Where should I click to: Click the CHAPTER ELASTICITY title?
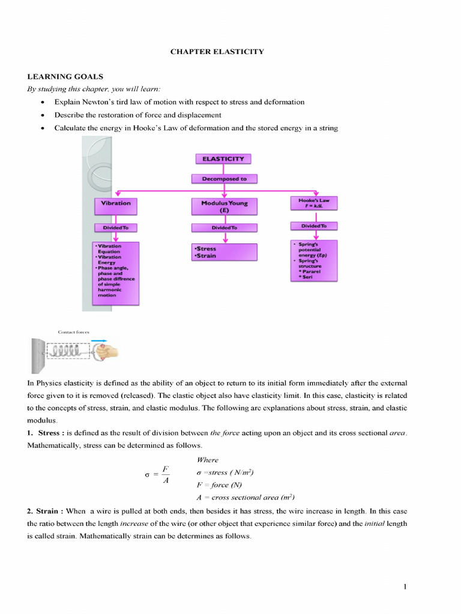(x=217, y=52)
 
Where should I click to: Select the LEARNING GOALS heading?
(x=65, y=77)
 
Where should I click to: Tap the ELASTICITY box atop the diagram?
(x=223, y=159)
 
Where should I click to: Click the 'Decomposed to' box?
(x=224, y=179)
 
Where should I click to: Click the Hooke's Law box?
(x=314, y=203)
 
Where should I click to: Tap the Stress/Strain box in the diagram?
(x=224, y=252)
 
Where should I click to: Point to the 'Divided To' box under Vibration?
(x=116, y=228)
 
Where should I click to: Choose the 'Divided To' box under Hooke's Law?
(x=314, y=226)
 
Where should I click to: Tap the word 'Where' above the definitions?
(x=208, y=460)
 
